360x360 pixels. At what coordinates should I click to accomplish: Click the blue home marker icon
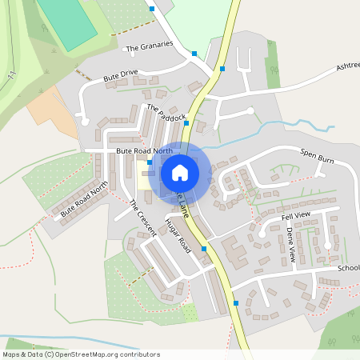180,172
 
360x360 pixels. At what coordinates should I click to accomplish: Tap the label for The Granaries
150,46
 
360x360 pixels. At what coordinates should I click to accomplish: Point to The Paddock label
166,112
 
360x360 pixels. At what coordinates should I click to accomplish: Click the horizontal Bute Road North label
144,150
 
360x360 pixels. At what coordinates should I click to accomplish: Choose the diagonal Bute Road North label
84,199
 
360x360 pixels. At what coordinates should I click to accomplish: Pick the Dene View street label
291,245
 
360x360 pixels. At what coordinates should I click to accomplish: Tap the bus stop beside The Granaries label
194,54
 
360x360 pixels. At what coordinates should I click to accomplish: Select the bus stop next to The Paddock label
186,124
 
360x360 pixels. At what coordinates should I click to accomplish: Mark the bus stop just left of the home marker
150,162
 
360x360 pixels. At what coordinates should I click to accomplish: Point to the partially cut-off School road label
348,268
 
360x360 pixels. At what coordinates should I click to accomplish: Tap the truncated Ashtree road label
347,66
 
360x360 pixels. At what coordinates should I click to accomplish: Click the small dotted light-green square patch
190,313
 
